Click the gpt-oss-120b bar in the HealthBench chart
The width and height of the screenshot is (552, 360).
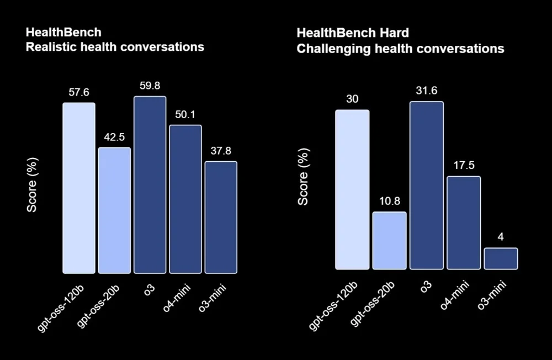(x=78, y=188)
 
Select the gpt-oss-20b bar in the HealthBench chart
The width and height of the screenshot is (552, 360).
(x=114, y=210)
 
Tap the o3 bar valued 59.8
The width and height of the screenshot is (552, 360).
(x=150, y=184)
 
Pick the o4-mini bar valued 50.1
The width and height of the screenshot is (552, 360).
(x=185, y=199)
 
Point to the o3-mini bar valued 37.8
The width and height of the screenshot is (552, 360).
(x=221, y=217)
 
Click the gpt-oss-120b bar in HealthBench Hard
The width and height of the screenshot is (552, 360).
(x=352, y=189)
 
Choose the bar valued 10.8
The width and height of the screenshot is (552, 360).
(x=389, y=240)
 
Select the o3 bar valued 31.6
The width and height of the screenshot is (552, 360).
(x=426, y=185)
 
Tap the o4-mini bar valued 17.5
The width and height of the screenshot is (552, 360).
(x=464, y=223)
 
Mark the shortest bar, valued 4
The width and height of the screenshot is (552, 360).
(x=501, y=258)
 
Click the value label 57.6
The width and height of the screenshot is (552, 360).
(x=78, y=92)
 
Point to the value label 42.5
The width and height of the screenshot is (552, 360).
(x=114, y=137)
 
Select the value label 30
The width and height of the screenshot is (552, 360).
(x=352, y=99)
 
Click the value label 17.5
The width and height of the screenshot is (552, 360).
(x=464, y=166)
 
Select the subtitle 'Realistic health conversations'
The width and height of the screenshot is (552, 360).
(x=115, y=47)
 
